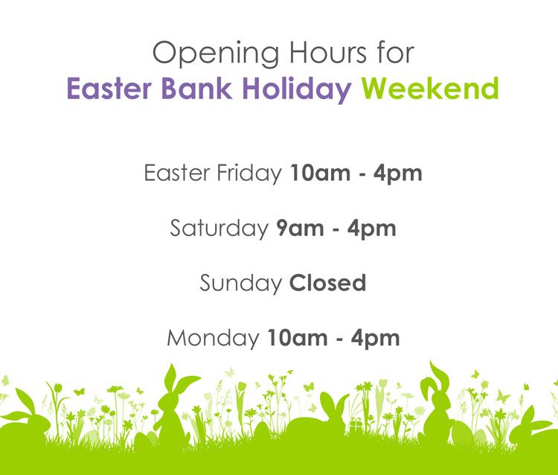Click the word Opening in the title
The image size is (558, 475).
(216, 54)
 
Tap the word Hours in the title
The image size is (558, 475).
(328, 53)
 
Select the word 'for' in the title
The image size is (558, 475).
(396, 52)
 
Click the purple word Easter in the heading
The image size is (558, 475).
(109, 89)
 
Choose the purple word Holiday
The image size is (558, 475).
(297, 89)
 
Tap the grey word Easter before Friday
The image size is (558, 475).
(177, 173)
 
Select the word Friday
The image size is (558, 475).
(249, 174)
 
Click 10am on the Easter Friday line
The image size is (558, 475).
(320, 173)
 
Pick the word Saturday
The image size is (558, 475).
(219, 229)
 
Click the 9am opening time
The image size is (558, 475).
(300, 229)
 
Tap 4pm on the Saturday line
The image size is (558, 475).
(371, 229)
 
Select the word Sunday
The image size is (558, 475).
(240, 284)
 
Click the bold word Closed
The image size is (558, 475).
(327, 283)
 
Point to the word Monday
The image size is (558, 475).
(213, 338)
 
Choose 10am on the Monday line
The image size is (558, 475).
(297, 338)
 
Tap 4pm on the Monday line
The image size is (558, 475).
(375, 339)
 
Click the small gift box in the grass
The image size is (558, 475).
(355, 425)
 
